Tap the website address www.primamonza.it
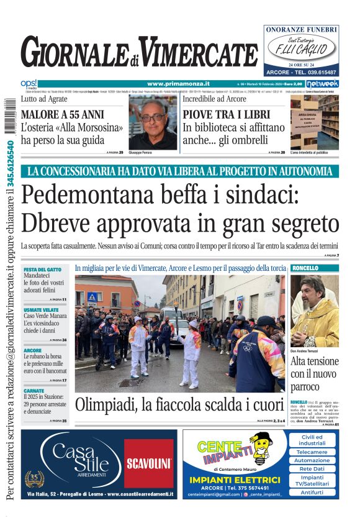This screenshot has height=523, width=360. tap(178, 84)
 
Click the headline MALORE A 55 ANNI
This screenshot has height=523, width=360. tap(62, 114)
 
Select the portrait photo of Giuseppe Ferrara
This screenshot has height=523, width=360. tap(153, 122)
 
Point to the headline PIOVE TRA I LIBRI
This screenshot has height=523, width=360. tap(226, 114)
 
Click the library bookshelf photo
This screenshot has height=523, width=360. tap(314, 122)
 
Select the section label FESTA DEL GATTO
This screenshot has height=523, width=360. tap(42, 270)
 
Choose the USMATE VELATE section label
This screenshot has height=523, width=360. tap(41, 309)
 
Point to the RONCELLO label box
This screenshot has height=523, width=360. tap(305, 268)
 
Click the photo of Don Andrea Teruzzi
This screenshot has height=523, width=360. tap(314, 311)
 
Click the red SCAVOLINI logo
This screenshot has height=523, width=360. tap(149, 463)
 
